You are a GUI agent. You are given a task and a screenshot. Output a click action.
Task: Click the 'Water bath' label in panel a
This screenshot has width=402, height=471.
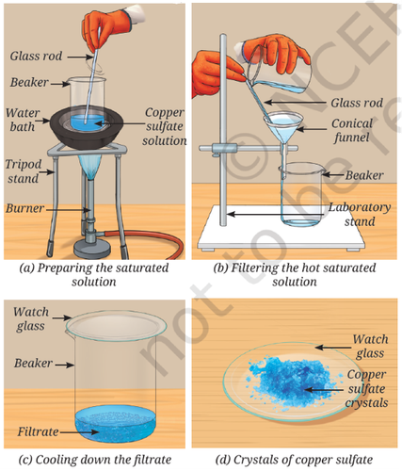pyautogui.click(x=23, y=120)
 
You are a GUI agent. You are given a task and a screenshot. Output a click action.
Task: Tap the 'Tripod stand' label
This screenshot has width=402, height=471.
pyautogui.click(x=24, y=171)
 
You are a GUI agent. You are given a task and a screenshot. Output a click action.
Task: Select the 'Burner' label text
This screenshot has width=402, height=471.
pyautogui.click(x=24, y=208)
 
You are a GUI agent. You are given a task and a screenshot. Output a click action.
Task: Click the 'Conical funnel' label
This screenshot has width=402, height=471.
pyautogui.click(x=352, y=130)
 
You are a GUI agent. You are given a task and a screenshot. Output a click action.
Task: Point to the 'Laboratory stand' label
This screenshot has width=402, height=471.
pyautogui.click(x=360, y=214)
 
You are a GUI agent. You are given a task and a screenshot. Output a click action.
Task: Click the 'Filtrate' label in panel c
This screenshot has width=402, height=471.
pyautogui.click(x=38, y=431)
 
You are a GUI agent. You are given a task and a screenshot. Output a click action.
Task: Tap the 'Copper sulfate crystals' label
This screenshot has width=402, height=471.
pyautogui.click(x=366, y=388)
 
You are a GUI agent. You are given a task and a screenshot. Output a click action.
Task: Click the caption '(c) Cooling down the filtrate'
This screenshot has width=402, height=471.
pyautogui.click(x=95, y=460)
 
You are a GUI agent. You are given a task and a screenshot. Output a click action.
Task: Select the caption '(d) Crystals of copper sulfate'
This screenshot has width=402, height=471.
pyautogui.click(x=294, y=460)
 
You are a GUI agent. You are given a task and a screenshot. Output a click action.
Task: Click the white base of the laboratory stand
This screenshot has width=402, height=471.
pyautogui.click(x=281, y=228)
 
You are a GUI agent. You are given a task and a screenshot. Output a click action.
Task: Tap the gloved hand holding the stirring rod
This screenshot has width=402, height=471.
pyautogui.click(x=106, y=28)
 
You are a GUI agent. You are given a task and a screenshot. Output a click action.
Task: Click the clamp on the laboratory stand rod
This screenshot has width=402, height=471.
pyautogui.click(x=224, y=149)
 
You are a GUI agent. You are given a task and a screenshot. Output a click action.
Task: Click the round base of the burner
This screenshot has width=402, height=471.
pyautogui.click(x=92, y=248)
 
